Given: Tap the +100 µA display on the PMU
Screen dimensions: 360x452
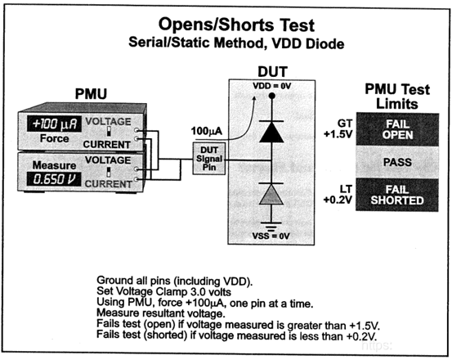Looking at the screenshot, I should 54,124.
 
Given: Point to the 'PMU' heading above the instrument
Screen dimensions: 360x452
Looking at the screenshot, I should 89,97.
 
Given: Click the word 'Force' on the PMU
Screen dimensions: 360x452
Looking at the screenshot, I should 54,139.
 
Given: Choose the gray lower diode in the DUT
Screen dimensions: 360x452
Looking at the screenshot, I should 267,193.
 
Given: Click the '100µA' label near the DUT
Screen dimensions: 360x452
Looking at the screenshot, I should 205,130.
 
